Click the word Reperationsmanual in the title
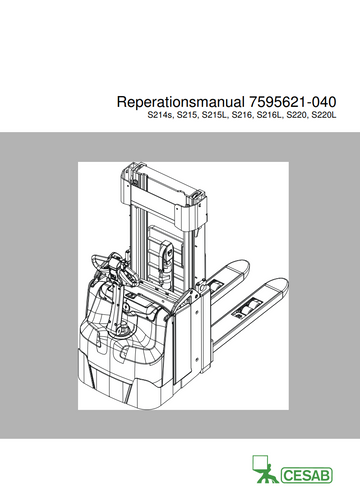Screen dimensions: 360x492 [x=180, y=102]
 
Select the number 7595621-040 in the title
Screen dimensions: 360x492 [x=292, y=102]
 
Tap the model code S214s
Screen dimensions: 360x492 [x=160, y=116]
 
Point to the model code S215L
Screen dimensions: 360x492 [x=215, y=116]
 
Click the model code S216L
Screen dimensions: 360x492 [x=270, y=116]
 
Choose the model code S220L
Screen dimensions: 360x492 [x=324, y=116]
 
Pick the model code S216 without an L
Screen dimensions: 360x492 [x=242, y=116]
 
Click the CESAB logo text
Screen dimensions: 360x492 [x=307, y=475]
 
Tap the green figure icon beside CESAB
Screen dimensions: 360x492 [x=264, y=469]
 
